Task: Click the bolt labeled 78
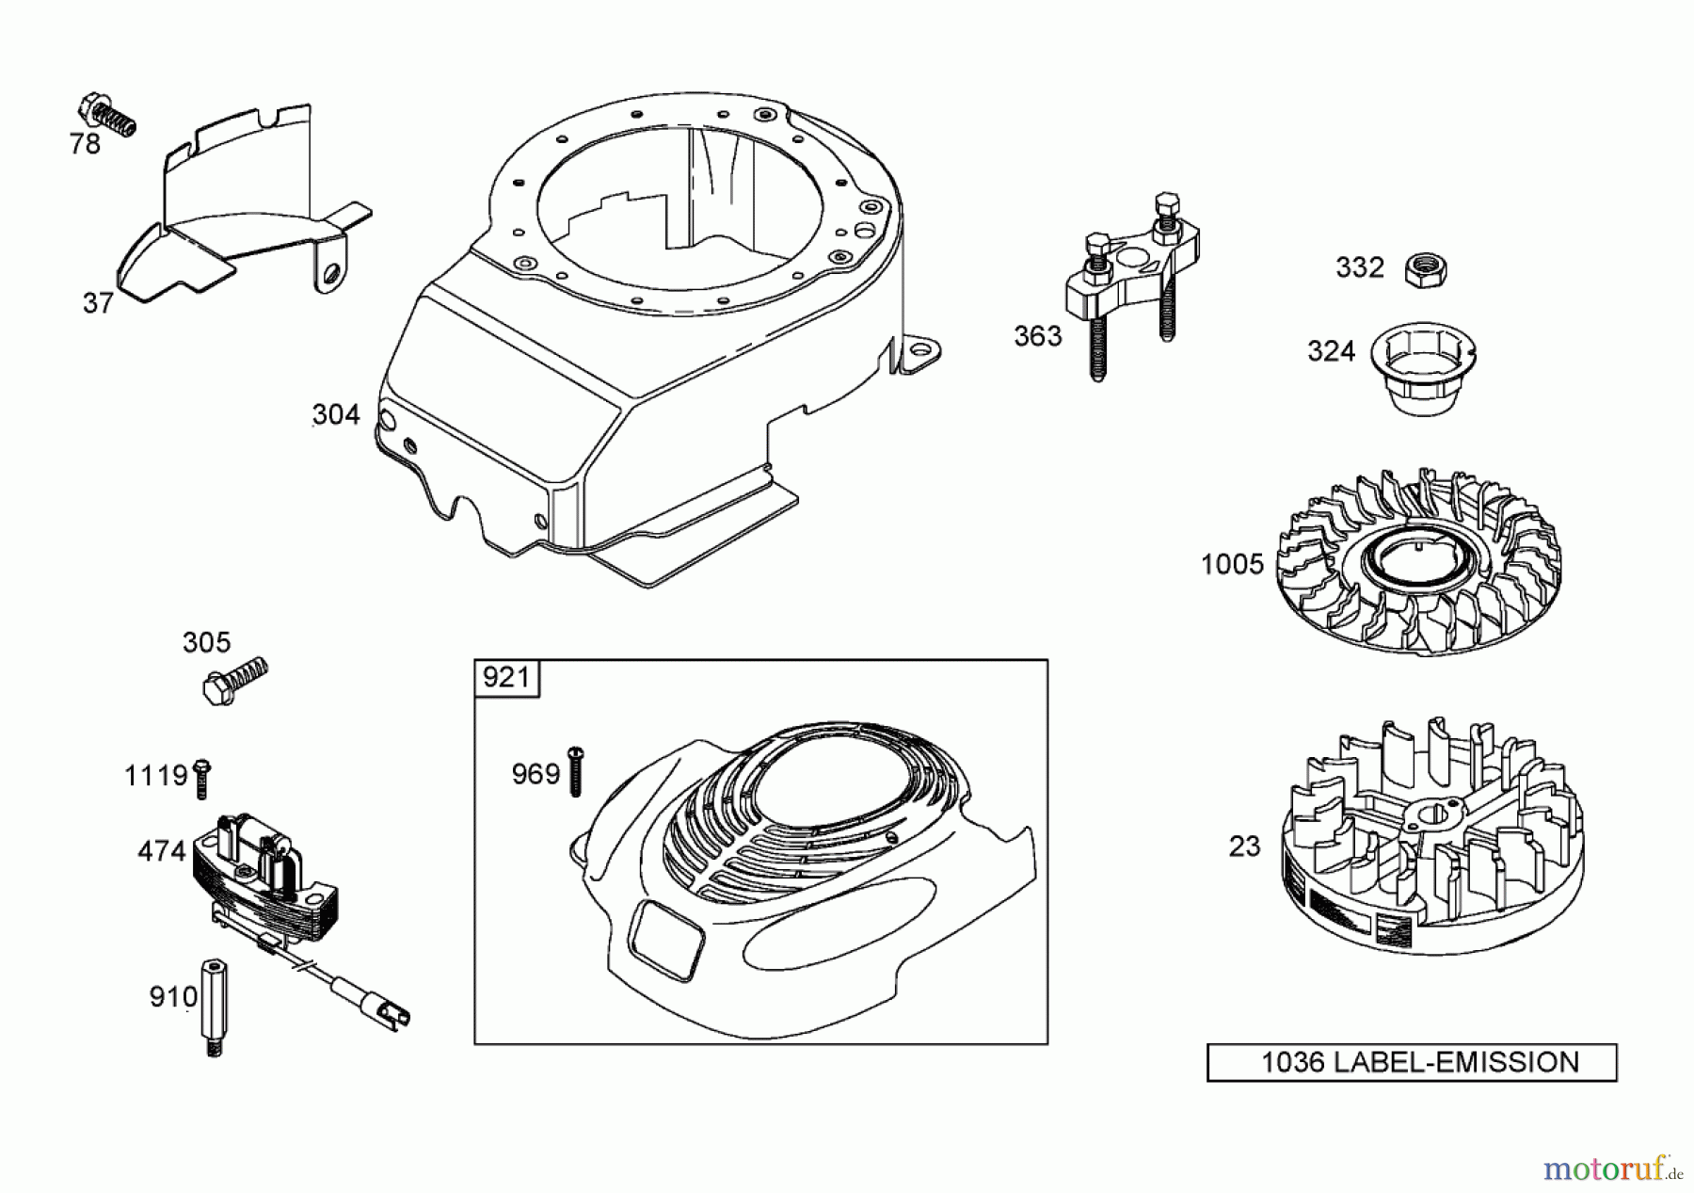coord(107,115)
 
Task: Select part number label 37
coord(98,303)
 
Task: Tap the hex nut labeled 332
coord(1424,270)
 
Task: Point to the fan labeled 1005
coord(1418,566)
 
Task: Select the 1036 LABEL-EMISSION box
coord(1411,1062)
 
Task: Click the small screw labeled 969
coord(576,771)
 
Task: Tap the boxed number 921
coord(506,678)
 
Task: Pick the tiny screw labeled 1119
coord(201,779)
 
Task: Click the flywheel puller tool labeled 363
coord(1128,282)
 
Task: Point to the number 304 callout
coord(336,414)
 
